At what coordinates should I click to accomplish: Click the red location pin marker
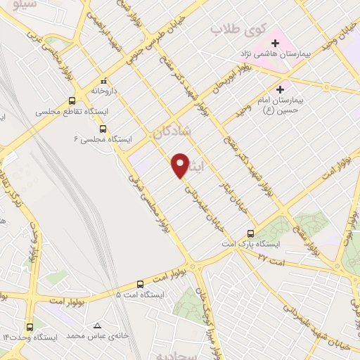coord(181,165)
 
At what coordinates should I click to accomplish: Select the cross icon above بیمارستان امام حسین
coord(281,89)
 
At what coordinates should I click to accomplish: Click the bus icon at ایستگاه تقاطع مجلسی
coord(71,100)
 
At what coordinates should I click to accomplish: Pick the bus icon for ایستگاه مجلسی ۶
coord(103,129)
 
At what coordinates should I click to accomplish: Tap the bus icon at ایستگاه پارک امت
coord(250,233)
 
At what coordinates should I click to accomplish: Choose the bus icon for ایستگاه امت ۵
coord(141,284)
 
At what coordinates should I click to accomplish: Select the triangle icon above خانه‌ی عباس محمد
coord(97,326)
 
